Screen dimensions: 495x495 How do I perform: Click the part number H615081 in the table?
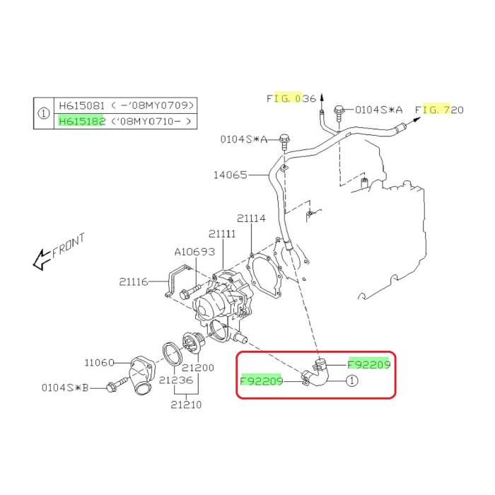(x=80, y=105)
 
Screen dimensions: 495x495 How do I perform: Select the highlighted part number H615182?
(x=80, y=121)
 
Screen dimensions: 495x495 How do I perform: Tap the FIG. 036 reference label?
(x=291, y=98)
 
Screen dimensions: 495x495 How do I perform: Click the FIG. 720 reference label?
(x=439, y=110)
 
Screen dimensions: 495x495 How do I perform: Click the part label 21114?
(x=251, y=219)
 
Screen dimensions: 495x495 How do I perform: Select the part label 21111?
(x=223, y=234)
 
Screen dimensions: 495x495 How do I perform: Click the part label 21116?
(x=134, y=281)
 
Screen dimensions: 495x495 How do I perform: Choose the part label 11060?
(x=99, y=363)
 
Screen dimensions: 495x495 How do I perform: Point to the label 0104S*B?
(x=64, y=387)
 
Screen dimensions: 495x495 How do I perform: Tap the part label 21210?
(x=185, y=405)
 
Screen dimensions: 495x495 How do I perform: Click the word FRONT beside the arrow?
(x=69, y=247)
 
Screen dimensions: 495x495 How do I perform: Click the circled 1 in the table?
(x=43, y=113)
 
